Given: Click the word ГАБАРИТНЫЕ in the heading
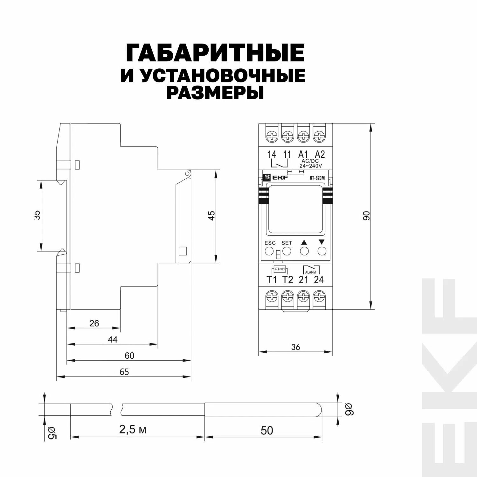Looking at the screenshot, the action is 215,53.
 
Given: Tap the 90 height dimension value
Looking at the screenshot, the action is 366,216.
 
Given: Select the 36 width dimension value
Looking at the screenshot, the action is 295,347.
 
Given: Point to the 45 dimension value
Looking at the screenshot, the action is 211,215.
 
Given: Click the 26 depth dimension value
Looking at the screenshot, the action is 94,323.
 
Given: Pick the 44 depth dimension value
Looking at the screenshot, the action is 113,340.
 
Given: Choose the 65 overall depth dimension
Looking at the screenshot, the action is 124,372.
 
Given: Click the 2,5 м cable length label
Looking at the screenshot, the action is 133,430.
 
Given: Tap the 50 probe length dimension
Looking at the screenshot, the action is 267,431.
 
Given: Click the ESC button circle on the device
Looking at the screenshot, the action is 269,251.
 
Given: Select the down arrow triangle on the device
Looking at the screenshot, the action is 321,242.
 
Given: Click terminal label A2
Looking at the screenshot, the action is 320,155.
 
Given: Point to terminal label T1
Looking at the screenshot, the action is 272,280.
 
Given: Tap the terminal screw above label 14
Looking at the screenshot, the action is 272,137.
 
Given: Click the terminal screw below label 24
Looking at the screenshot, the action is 318,297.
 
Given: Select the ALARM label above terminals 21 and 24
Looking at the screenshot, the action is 310,272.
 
